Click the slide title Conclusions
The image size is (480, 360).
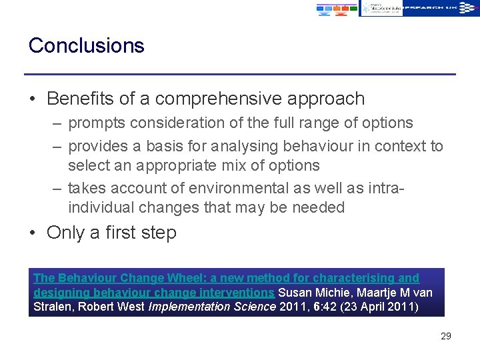(86, 45)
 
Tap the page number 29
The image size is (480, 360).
(445, 336)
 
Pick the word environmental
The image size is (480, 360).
(239, 189)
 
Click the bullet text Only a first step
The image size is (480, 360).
(111, 233)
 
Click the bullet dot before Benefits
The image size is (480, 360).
(33, 100)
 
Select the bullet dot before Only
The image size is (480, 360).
(33, 233)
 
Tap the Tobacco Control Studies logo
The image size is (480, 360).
(382, 8)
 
